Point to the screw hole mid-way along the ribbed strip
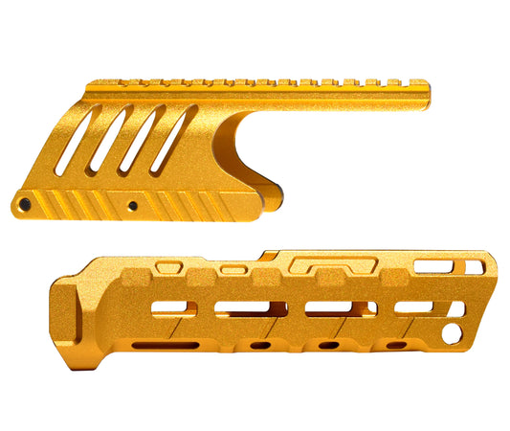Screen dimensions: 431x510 coord(133,206)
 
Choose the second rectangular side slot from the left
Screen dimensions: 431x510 coord(243,309)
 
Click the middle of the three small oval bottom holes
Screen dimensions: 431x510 coord(328,344)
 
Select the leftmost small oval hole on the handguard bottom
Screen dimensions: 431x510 coord(259,345)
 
